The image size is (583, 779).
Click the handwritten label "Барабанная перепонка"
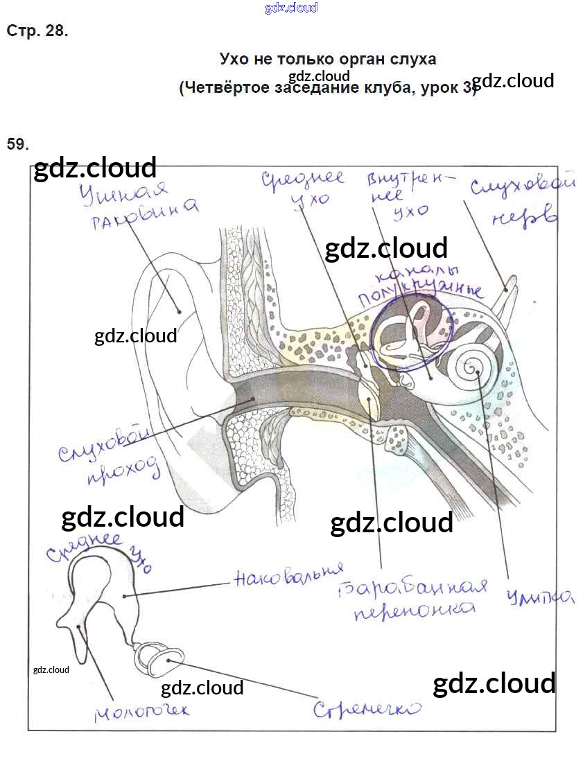click(415, 598)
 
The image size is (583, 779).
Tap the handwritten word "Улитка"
click(540, 597)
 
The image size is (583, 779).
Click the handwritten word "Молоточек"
click(141, 710)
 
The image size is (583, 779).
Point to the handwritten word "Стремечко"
click(367, 708)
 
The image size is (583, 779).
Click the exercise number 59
click(17, 144)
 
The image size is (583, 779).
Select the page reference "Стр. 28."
click(37, 31)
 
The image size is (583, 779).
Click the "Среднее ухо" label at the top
click(302, 189)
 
